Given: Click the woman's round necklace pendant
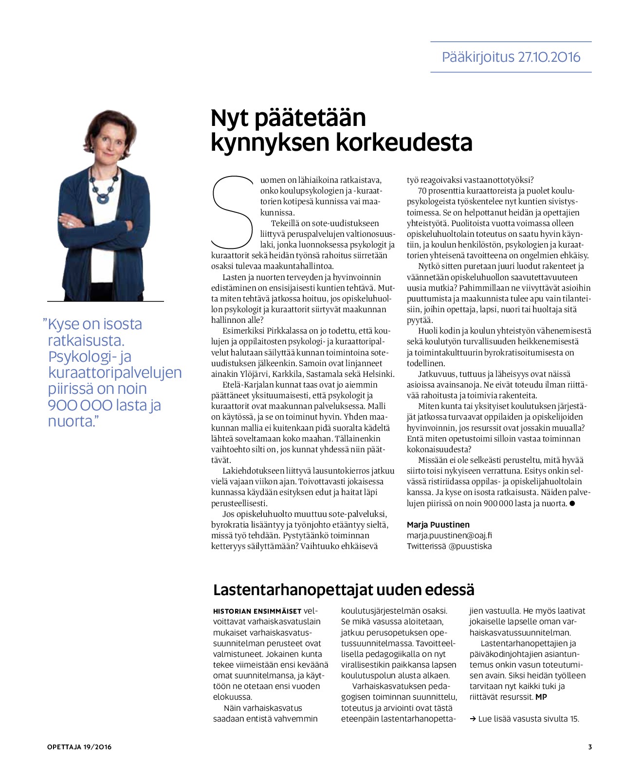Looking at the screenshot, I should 104,198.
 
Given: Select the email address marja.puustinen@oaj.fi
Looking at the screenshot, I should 449,535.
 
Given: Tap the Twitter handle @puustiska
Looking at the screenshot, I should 470,546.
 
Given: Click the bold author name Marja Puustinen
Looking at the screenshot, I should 438,525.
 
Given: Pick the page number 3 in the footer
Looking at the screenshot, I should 590,747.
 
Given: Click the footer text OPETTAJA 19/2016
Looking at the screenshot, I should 79,747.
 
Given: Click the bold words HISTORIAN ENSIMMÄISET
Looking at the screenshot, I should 257,611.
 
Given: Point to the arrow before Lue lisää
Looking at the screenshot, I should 473,719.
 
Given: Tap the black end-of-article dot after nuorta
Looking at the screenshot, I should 572,503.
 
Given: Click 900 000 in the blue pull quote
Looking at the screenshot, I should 80,405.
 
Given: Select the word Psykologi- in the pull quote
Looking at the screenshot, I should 83,356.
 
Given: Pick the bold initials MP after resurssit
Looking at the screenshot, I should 541,697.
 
